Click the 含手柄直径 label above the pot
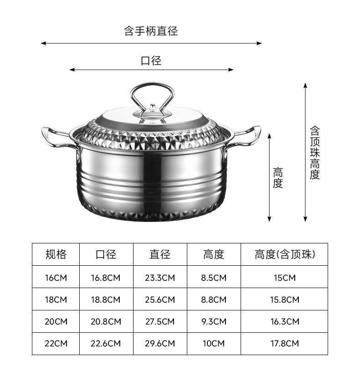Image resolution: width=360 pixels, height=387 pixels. point(151,31)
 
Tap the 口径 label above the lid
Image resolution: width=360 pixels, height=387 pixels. point(151,61)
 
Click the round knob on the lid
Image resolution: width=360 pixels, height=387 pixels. point(152,109)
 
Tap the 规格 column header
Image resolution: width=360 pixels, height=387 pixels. point(56,254)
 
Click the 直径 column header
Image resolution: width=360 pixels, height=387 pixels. point(160,254)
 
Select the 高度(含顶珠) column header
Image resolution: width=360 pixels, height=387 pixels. point(285,254)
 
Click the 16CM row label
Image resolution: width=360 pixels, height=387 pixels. point(56,278)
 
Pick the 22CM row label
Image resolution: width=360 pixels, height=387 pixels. point(56,344)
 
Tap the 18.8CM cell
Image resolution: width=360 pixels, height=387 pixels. point(106,299)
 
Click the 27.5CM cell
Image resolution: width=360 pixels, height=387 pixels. point(160,321)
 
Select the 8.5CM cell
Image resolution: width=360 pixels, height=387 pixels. point(214,278)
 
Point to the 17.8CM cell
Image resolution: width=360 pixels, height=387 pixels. point(285,344)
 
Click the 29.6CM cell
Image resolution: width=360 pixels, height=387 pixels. point(160,344)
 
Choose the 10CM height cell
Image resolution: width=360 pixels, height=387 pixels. point(214,344)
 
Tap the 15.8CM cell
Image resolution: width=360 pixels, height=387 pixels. point(285,299)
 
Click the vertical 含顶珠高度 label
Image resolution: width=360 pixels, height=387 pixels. point(315,153)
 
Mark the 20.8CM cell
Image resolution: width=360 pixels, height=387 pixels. point(106,321)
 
